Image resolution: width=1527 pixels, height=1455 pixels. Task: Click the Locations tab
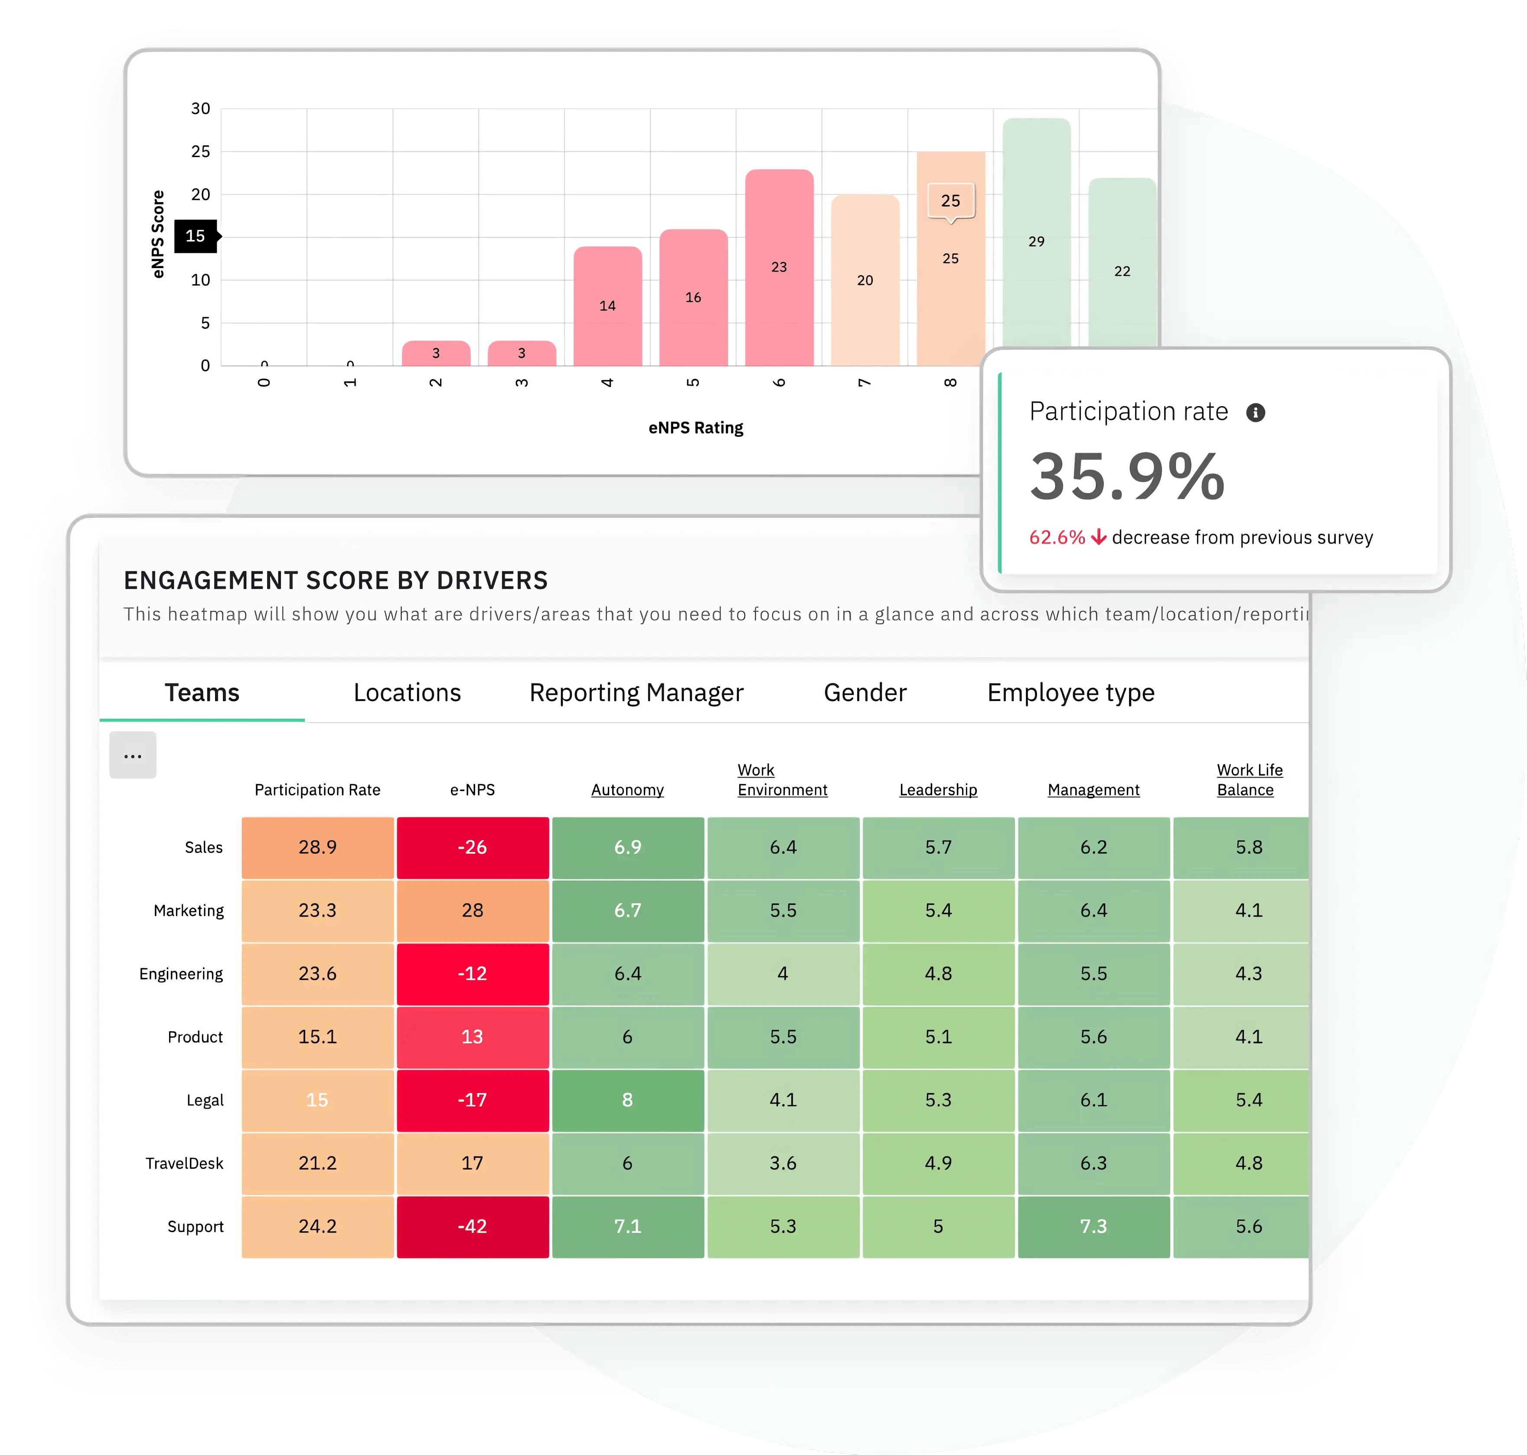click(407, 693)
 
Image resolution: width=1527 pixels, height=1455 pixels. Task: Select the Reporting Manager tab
click(636, 693)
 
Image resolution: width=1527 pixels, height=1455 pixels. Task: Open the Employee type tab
click(1070, 693)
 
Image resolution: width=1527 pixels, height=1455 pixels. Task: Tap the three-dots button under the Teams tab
click(133, 755)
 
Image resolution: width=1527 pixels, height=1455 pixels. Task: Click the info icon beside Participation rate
click(1255, 413)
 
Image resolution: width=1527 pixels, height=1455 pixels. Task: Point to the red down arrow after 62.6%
click(1098, 537)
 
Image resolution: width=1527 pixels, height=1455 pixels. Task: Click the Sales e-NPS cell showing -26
click(472, 847)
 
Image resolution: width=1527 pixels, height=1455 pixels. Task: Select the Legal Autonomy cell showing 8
click(627, 1100)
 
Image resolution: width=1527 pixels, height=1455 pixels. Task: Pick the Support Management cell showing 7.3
click(1093, 1226)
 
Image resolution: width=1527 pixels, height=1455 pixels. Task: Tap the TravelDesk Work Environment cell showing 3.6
click(783, 1163)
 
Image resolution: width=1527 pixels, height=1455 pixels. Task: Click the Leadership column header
click(938, 790)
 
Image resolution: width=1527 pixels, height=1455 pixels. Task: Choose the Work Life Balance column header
click(1249, 780)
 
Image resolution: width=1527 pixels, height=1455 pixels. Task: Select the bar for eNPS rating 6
click(779, 268)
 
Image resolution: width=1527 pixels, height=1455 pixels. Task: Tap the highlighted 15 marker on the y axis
click(196, 236)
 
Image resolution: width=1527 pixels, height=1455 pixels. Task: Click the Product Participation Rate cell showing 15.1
click(317, 1037)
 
